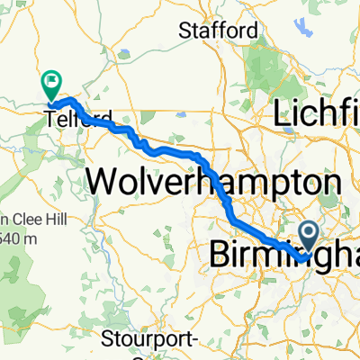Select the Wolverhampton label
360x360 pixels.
(214, 183)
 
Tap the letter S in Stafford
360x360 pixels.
(185, 30)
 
